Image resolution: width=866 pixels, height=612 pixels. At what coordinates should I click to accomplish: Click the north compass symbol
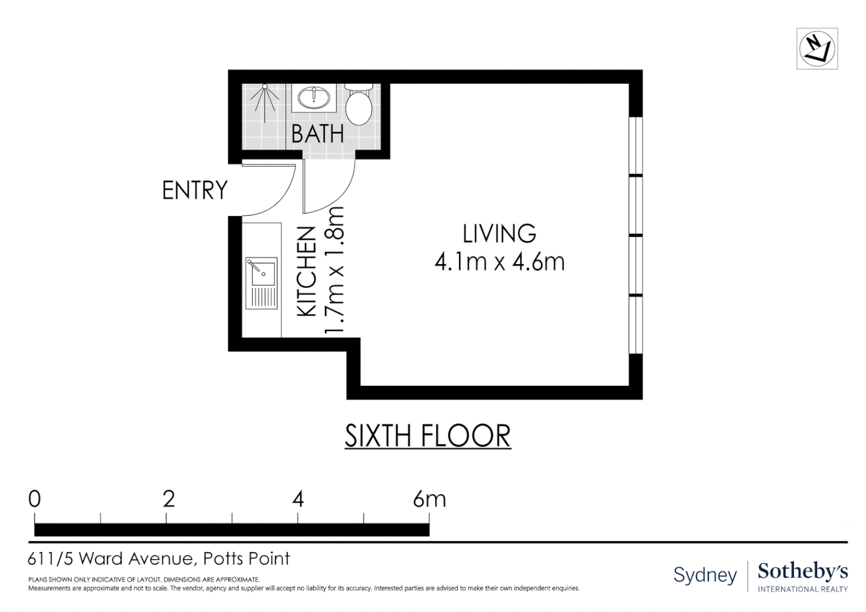(x=817, y=49)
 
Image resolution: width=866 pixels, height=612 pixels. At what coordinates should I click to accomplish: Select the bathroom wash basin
(x=314, y=97)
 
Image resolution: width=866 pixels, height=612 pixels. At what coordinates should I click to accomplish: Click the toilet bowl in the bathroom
(x=359, y=108)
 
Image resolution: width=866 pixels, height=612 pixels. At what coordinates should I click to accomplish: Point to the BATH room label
(x=317, y=134)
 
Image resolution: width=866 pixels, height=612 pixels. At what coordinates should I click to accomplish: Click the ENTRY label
(x=195, y=190)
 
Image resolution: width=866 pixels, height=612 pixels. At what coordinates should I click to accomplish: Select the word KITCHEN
(x=307, y=272)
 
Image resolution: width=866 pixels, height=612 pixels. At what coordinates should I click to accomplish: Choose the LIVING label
(x=499, y=233)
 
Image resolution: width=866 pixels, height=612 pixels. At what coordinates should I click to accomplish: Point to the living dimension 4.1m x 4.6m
(x=499, y=262)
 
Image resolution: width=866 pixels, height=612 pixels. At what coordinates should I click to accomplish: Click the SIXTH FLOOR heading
(x=427, y=436)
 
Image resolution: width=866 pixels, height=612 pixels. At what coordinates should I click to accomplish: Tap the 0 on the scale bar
(x=35, y=499)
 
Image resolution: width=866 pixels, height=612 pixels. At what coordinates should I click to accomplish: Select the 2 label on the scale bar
(x=169, y=499)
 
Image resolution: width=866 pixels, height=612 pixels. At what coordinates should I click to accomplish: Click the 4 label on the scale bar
(x=298, y=499)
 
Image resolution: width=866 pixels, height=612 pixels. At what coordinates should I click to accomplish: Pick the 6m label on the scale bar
(x=429, y=499)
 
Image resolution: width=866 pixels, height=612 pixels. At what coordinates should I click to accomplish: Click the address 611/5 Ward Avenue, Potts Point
(x=159, y=559)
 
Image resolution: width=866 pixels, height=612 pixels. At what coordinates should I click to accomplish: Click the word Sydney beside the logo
(x=705, y=575)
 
